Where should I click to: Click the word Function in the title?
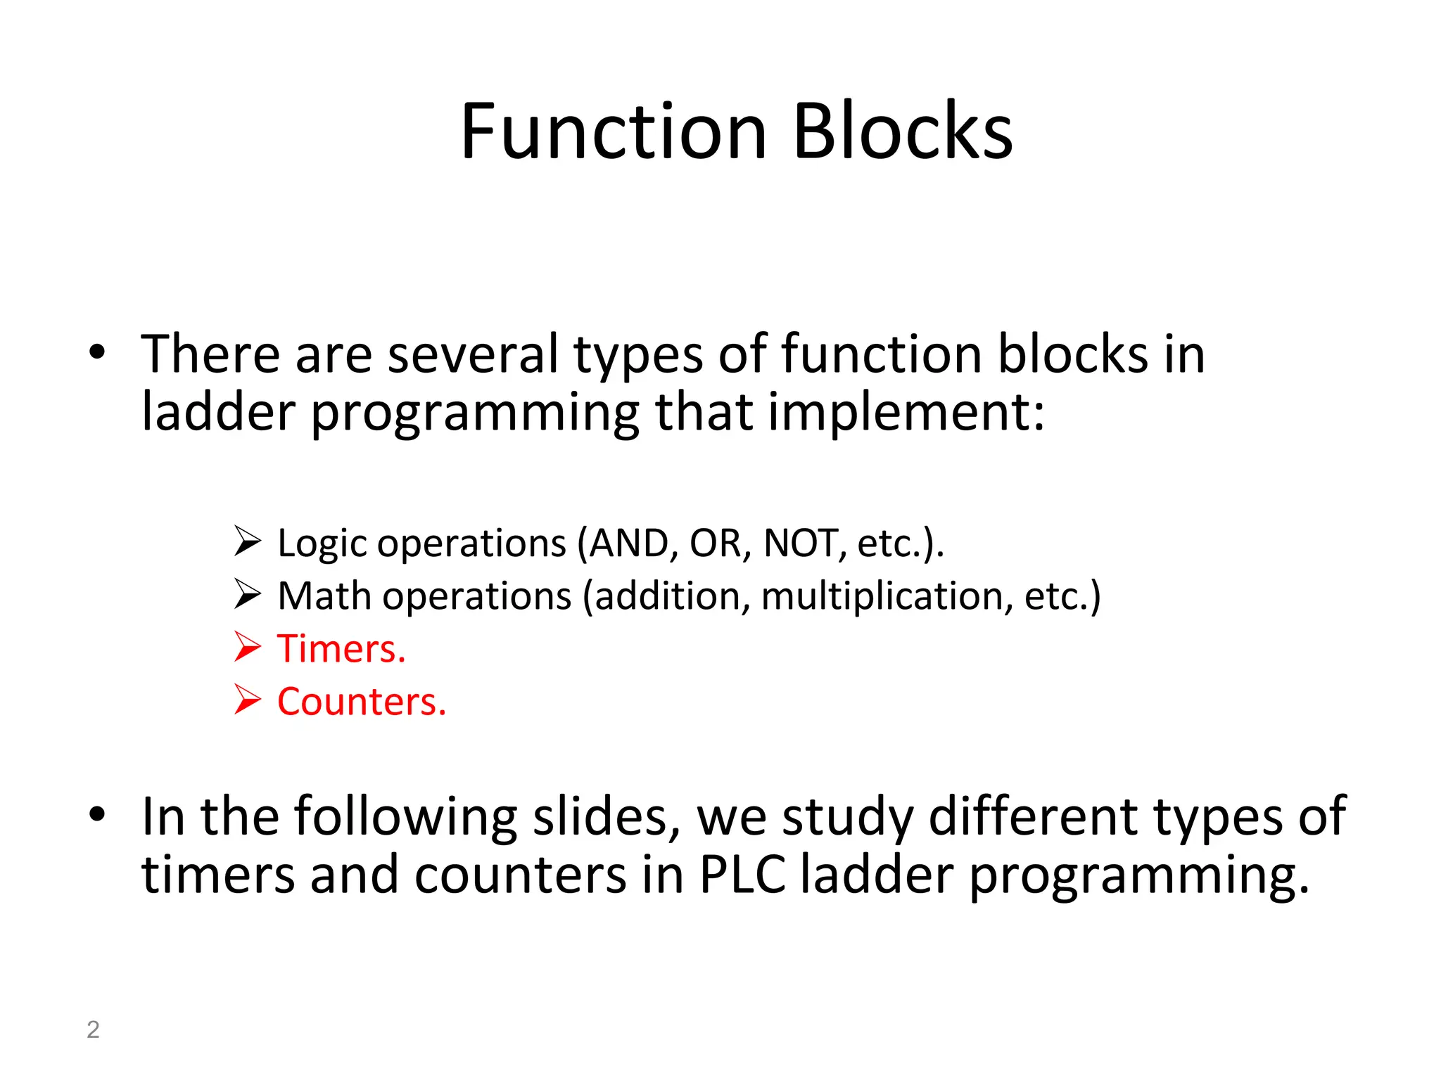pos(613,131)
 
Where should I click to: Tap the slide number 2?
pos(93,1029)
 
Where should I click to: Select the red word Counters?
pos(362,702)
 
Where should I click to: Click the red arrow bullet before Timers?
pos(248,647)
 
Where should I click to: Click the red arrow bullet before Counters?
pos(248,700)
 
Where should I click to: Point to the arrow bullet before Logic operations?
pos(248,541)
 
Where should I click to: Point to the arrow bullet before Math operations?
pos(248,594)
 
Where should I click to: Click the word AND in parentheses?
pos(628,544)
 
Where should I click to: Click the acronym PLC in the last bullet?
pos(742,875)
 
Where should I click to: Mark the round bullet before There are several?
pos(97,352)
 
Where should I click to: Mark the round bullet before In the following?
pos(97,814)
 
